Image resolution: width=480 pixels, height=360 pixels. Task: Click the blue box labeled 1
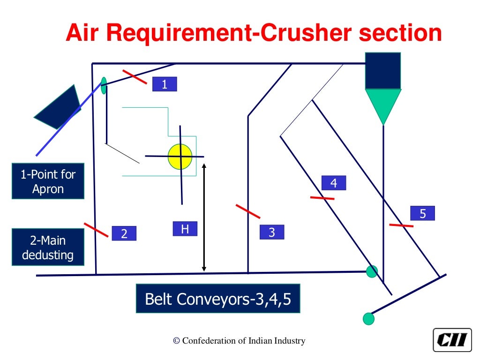point(165,84)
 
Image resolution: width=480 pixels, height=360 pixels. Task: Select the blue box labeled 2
point(124,233)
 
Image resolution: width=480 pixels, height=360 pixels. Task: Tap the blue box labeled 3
point(272,232)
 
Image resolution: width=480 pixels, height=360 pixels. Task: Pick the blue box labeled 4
point(334,183)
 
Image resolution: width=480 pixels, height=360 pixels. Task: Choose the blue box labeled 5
point(422,213)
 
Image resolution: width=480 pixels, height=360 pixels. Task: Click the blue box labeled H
point(185,229)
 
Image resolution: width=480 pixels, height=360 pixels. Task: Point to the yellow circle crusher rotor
point(180,157)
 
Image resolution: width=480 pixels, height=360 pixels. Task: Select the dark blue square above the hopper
point(383,71)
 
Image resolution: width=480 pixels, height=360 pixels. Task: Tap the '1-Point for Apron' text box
point(48,181)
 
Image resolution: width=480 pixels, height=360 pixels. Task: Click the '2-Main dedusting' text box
point(48,247)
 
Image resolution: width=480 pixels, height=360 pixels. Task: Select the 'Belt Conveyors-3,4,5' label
point(218,299)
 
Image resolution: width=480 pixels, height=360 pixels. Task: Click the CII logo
point(452,339)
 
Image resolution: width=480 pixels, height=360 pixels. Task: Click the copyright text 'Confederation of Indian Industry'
point(239,341)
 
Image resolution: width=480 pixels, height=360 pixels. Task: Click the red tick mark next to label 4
point(322,198)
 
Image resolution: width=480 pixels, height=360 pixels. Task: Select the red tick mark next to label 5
point(401,226)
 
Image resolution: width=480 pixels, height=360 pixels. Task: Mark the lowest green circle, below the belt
point(369,319)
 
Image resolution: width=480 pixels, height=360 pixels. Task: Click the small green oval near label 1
point(104,85)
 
